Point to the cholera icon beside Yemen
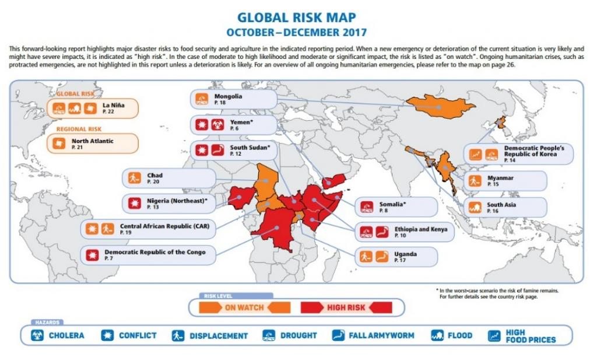click(216, 124)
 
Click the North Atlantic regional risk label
click(92, 141)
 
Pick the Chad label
click(155, 175)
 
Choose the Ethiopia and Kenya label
click(420, 229)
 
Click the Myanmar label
click(501, 177)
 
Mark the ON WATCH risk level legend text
click(244, 307)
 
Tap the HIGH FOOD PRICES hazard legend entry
click(530, 335)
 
